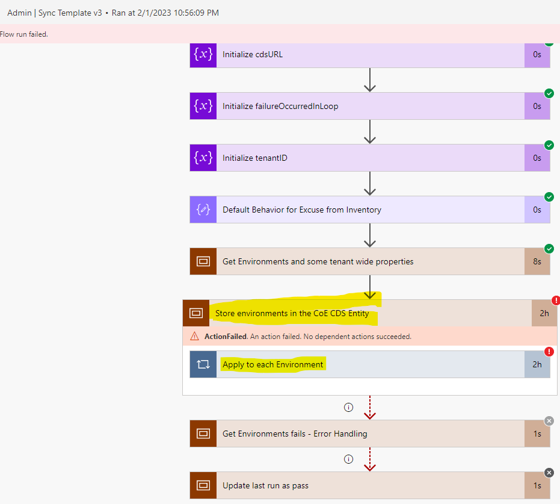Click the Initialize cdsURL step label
click(253, 54)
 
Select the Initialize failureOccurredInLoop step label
click(280, 106)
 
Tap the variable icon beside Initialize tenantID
click(203, 158)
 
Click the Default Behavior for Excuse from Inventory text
click(302, 210)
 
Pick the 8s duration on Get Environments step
click(537, 261)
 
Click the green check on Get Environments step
click(549, 249)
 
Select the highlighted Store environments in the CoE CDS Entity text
click(292, 313)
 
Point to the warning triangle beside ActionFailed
click(194, 337)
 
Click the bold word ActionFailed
click(223, 337)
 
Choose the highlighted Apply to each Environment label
click(273, 364)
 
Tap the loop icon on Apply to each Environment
click(203, 364)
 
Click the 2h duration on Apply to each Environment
click(537, 364)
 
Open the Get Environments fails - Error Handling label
click(295, 434)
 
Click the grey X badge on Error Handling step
click(549, 421)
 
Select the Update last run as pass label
click(266, 485)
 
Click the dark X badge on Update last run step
click(549, 473)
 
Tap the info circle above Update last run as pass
click(348, 459)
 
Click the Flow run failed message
click(24, 34)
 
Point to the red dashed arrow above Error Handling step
click(370, 408)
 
